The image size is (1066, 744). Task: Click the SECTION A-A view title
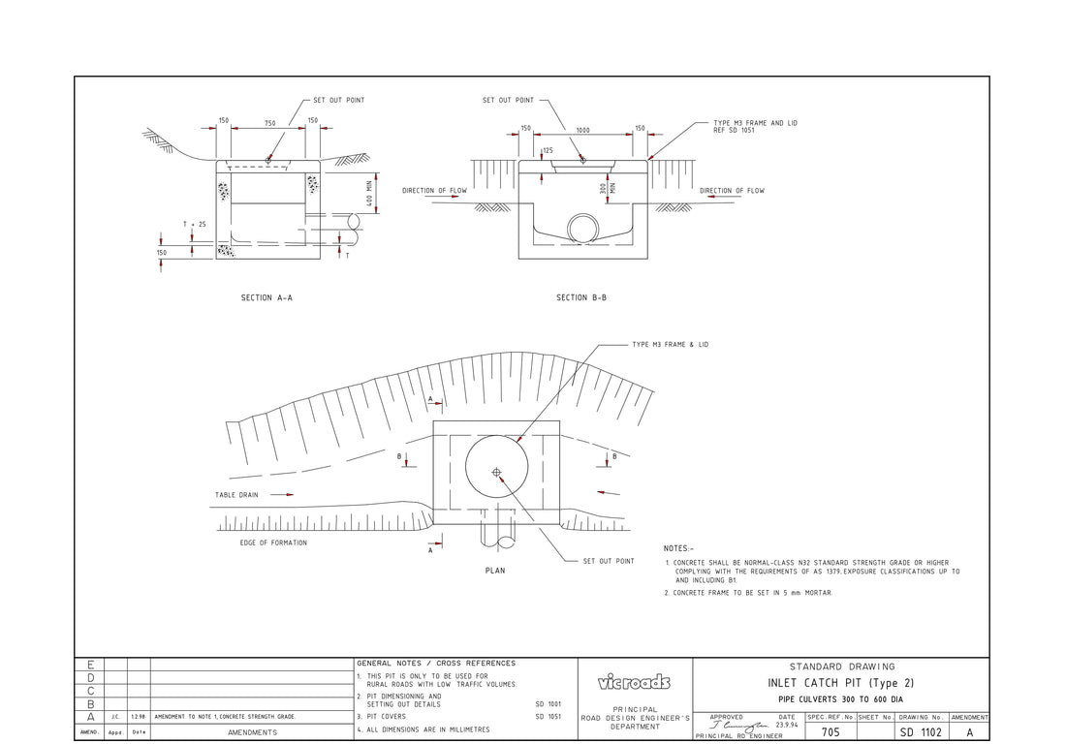[x=266, y=298]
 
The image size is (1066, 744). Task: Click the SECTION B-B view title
[x=581, y=298]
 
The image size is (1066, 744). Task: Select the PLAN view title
[x=495, y=571]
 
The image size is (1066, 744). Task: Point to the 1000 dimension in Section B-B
[x=582, y=129]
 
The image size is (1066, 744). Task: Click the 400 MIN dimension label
[x=369, y=192]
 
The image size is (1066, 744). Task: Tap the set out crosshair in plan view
[x=497, y=472]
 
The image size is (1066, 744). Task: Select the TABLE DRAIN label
[x=236, y=495]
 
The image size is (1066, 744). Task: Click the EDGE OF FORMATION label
[x=273, y=543]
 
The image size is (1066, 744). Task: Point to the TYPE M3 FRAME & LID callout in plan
[x=670, y=345]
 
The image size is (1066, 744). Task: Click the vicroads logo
[x=635, y=683]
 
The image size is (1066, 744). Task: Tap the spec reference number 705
[x=831, y=732]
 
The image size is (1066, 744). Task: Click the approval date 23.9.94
[x=787, y=725]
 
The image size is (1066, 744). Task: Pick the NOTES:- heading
[x=678, y=548]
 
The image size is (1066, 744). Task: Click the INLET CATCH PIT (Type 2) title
[x=841, y=683]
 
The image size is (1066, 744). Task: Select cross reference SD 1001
[x=548, y=704]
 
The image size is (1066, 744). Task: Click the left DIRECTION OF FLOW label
[x=434, y=191]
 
